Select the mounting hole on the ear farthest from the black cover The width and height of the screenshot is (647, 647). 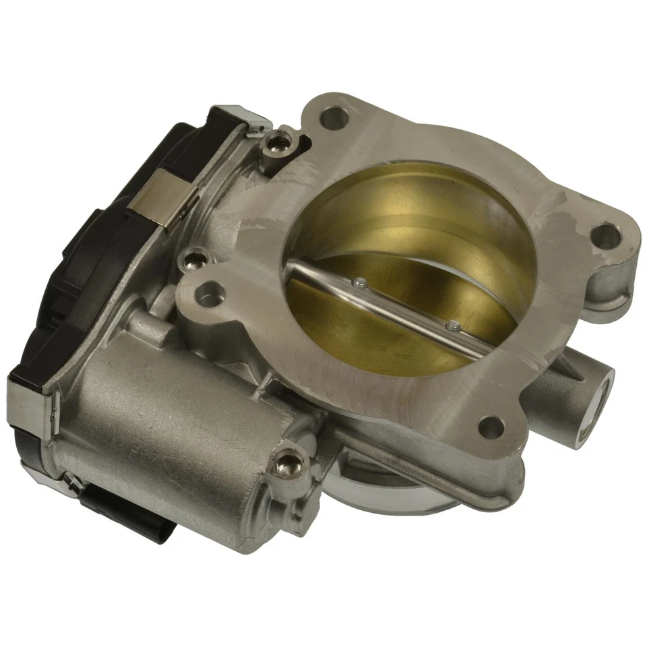pos(605,236)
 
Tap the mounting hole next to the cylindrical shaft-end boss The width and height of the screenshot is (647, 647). pos(491,426)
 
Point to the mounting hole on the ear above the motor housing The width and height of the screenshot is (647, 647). pos(212,294)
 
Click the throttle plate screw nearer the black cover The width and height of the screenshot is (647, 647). pos(363,284)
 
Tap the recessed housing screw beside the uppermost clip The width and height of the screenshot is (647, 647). pos(278,142)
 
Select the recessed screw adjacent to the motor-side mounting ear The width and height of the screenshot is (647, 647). pos(196,257)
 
